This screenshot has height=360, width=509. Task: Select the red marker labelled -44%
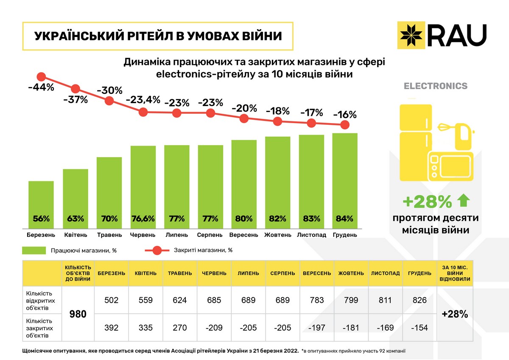(x=41, y=77)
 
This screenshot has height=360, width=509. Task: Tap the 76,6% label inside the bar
(x=143, y=219)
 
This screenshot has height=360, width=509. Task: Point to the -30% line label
(x=109, y=90)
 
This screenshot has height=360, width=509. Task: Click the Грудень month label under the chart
(x=345, y=235)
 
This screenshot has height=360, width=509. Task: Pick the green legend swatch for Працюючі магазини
(x=34, y=250)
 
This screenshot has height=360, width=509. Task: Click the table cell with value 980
(x=78, y=314)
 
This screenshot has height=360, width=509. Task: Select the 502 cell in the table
(x=111, y=300)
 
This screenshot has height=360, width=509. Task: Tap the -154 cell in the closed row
(x=420, y=327)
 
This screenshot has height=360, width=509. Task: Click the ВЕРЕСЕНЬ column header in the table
(x=317, y=273)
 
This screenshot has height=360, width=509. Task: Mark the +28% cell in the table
(x=455, y=314)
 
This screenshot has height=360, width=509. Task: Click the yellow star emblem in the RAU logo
(x=410, y=34)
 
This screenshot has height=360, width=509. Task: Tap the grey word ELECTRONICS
(x=436, y=86)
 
